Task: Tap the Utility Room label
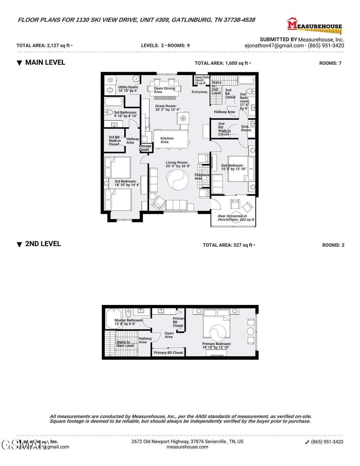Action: tap(128, 89)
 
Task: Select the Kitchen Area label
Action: tap(167, 140)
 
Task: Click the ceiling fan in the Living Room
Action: tap(177, 180)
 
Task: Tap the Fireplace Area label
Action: tap(202, 176)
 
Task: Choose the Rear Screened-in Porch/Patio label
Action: tap(236, 218)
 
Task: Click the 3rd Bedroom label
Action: tap(127, 183)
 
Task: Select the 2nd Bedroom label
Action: tap(233, 167)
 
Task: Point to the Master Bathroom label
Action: tap(129, 322)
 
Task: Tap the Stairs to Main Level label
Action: tap(125, 344)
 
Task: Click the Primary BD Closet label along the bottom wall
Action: tap(169, 352)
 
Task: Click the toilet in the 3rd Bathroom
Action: tap(109, 112)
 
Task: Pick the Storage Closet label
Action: tap(145, 148)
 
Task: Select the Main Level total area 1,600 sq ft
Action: tap(222, 63)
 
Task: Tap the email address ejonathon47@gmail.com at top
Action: tap(274, 46)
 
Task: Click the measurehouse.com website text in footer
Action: tap(187, 447)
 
